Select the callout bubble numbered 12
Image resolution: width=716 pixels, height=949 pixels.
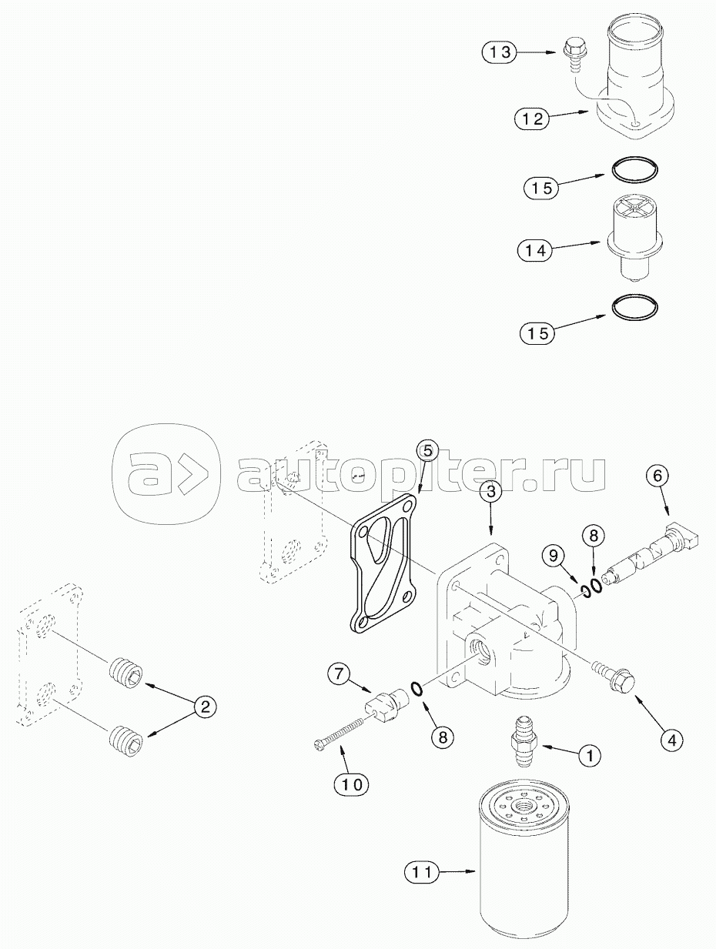click(x=532, y=118)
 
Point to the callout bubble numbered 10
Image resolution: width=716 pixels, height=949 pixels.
click(x=352, y=772)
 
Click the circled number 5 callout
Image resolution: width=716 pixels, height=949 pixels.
click(x=427, y=451)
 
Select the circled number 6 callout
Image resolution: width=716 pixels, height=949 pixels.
click(x=657, y=476)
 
